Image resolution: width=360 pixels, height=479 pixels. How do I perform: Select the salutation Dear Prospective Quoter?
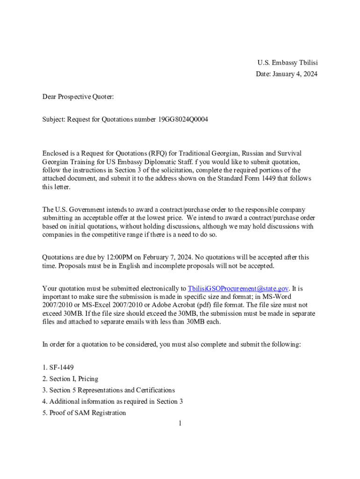point(78,97)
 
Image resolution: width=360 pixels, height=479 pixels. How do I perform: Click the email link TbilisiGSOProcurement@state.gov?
point(238,288)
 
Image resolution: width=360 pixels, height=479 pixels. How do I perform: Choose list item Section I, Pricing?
point(73,379)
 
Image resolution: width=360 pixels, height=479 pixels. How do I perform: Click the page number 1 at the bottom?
point(180,424)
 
